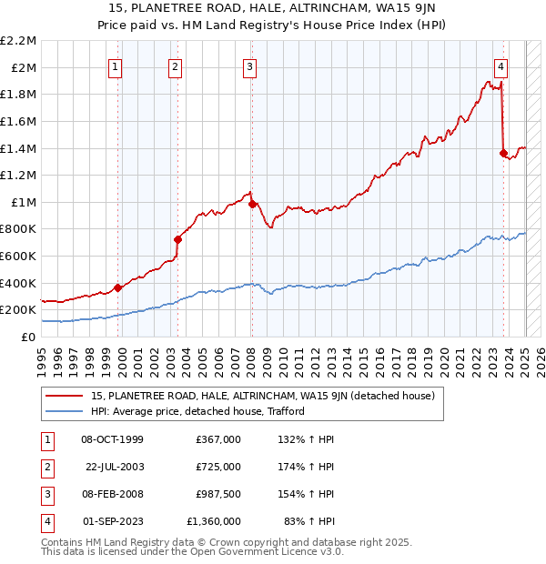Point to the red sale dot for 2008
[251, 204]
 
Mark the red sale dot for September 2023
[503, 153]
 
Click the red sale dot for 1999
[118, 287]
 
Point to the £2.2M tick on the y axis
[19, 41]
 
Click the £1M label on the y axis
[25, 202]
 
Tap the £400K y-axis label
[20, 283]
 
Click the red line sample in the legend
[65, 396]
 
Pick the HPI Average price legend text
[197, 411]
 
